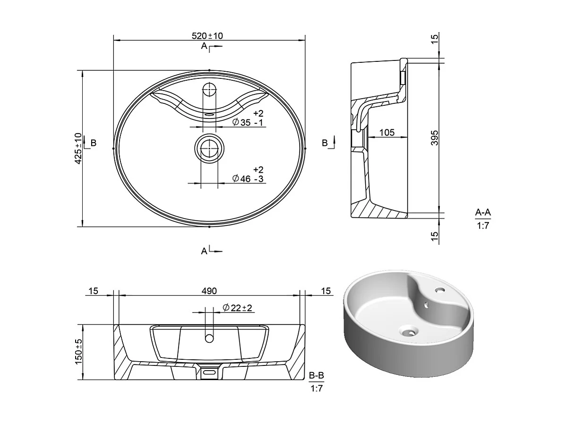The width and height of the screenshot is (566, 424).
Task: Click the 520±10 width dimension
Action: pos(207,36)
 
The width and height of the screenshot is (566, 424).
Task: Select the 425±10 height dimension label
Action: pos(78,148)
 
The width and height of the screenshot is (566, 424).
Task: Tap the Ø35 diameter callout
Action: pos(248,122)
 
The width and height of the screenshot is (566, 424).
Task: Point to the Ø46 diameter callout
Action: pos(248,178)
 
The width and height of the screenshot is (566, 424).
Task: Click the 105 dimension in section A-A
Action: pos(386,133)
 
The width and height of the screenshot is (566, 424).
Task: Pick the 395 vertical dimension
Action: pos(435,138)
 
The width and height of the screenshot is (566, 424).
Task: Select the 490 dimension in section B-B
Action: pos(209,291)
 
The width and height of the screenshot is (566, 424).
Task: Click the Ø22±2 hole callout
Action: pos(238,308)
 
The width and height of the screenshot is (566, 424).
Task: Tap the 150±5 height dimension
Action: pos(78,352)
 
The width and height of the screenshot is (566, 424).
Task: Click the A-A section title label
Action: pos(483,212)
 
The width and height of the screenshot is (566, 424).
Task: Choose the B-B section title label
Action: pos(316,376)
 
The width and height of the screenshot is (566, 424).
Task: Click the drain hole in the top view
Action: pos(208,148)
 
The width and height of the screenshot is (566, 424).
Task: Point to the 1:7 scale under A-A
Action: pos(483,226)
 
